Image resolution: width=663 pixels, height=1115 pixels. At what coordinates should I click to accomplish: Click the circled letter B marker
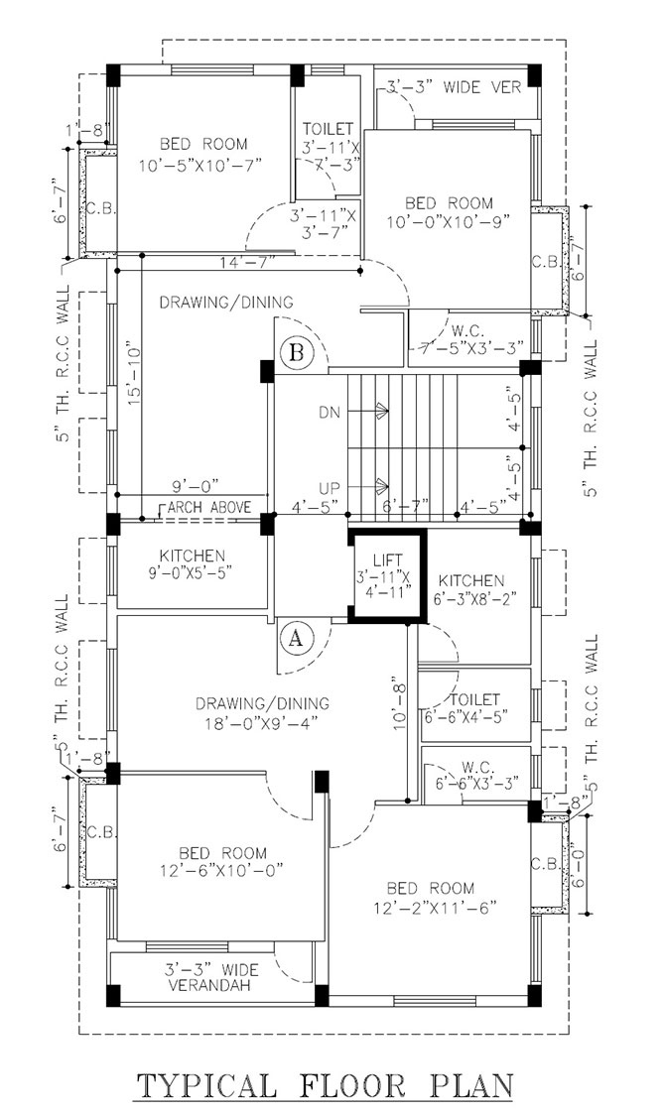click(298, 353)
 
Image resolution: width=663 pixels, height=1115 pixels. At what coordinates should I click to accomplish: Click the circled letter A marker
click(296, 637)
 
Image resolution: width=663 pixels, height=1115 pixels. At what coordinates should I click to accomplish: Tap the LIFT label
click(388, 560)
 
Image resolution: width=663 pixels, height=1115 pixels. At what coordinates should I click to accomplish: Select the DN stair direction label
click(330, 412)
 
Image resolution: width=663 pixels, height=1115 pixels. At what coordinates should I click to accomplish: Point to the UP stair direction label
click(330, 488)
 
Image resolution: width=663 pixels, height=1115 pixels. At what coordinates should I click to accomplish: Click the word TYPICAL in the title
click(205, 1085)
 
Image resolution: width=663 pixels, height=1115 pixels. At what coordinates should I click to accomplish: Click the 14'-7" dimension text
click(247, 263)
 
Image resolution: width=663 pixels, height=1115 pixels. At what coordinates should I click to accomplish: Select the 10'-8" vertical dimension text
click(399, 705)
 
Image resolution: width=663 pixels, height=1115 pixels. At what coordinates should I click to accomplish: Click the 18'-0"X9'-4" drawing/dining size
click(262, 722)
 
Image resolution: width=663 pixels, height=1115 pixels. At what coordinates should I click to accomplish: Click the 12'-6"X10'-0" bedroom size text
click(222, 870)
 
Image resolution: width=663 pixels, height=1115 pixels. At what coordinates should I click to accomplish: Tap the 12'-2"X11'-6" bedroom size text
click(435, 907)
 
